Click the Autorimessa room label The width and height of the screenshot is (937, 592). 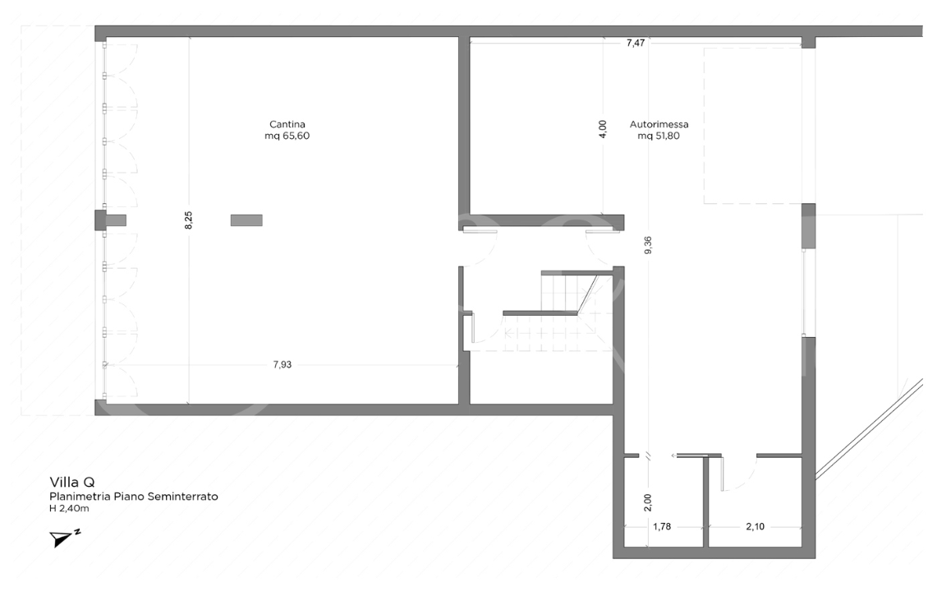click(x=659, y=125)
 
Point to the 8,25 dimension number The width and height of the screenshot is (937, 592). click(x=188, y=220)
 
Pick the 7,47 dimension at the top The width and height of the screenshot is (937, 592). click(x=635, y=43)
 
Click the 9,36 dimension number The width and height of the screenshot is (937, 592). click(x=648, y=246)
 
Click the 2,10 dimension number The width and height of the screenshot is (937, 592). click(x=754, y=526)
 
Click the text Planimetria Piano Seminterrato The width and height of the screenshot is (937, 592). click(x=133, y=497)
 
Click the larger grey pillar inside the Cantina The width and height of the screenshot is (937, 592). click(x=246, y=220)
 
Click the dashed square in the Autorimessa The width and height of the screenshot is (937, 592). click(x=751, y=125)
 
